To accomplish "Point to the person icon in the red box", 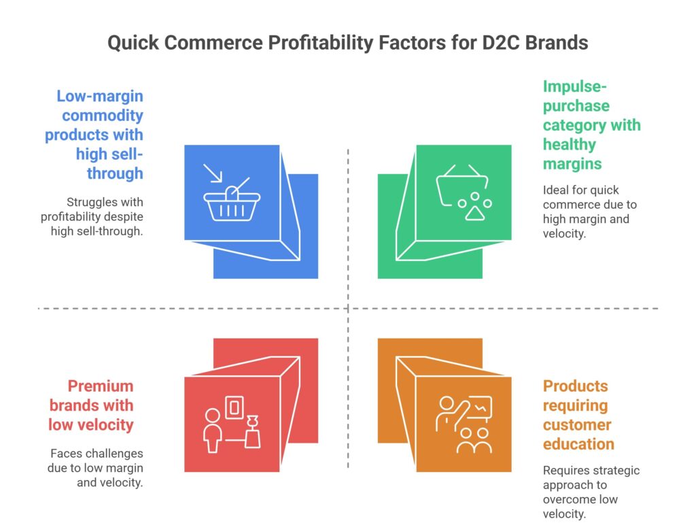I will tap(213, 429).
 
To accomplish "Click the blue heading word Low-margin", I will tap(100, 96).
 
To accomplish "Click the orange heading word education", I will tap(578, 444).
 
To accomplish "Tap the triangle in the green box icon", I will tap(472, 212).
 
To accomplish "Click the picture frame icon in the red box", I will tap(234, 407).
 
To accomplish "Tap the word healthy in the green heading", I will tap(570, 144).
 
